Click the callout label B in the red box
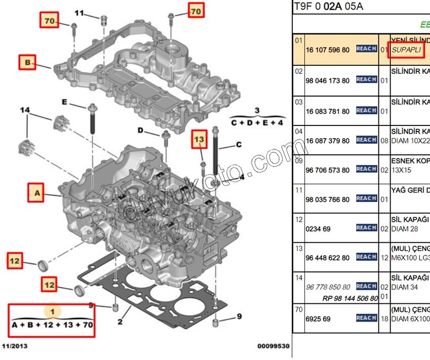[27, 62]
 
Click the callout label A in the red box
[36, 193]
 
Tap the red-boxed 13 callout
[199, 139]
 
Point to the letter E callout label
[64, 102]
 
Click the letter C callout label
[239, 145]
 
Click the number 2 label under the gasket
[120, 321]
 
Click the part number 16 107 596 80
[327, 50]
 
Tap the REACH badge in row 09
[366, 169]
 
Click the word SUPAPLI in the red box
[406, 50]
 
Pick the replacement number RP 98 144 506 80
[350, 298]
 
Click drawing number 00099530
[274, 347]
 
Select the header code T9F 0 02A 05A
[328, 7]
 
